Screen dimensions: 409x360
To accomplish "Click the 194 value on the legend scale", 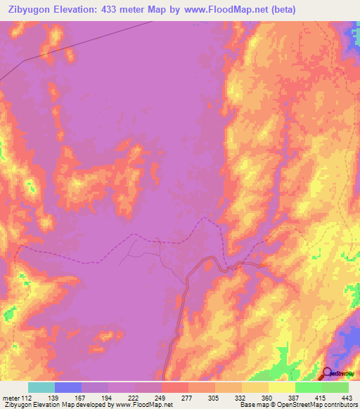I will click(x=108, y=397).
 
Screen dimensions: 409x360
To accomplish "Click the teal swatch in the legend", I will click(x=41, y=387).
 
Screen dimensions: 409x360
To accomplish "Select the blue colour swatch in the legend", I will click(x=67, y=387).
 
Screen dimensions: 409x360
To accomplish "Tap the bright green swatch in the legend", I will click(x=308, y=387).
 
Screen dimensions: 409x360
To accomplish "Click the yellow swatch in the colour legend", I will click(x=281, y=387).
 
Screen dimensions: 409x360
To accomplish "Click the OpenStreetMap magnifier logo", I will click(x=328, y=373).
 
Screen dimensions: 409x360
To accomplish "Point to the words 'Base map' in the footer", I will click(x=252, y=405).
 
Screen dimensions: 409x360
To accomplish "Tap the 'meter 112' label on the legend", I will click(x=15, y=397).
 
